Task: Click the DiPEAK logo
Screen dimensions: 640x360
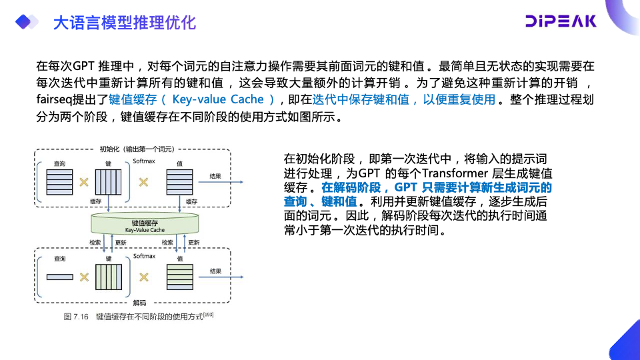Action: coord(560,21)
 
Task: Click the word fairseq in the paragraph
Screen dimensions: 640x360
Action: coord(54,99)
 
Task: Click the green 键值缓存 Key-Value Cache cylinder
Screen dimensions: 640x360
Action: coord(145,226)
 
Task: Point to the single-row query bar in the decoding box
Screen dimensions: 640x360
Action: coord(59,277)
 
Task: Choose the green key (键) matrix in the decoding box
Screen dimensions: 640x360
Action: coord(109,277)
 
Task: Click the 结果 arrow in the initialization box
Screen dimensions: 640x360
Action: coord(220,183)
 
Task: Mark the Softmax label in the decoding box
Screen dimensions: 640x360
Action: coord(144,256)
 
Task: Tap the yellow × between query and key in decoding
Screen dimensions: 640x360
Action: coord(85,277)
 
